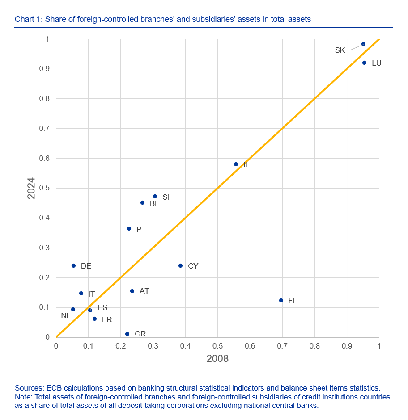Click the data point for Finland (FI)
point(281,300)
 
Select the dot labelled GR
point(127,334)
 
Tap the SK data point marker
point(363,44)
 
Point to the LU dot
point(364,63)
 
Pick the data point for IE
point(236,164)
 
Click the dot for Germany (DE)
point(73,265)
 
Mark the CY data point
point(180,265)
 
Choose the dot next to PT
point(129,228)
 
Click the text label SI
point(166,197)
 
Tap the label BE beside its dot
point(155,203)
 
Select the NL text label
point(66,316)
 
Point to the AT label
point(144,291)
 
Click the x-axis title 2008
point(217,358)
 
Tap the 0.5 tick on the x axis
point(217,346)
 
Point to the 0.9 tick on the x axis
point(347,346)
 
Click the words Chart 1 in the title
point(28,19)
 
